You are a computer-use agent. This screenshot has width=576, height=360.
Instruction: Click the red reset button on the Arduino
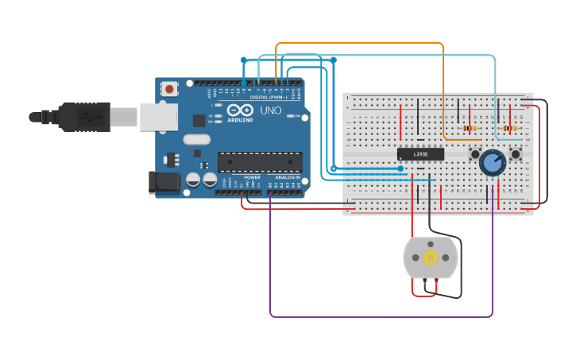[168, 89]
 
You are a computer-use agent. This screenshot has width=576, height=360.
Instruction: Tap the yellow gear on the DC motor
[431, 257]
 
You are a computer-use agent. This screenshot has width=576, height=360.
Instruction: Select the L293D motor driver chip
[420, 154]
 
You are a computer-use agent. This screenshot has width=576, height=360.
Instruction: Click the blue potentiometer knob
[493, 163]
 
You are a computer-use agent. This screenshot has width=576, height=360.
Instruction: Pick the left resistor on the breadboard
[469, 128]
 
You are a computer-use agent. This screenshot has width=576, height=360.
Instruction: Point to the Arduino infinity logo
[240, 110]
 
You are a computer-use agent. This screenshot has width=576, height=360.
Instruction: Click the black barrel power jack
[164, 182]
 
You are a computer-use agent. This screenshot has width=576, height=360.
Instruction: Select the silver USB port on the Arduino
[157, 116]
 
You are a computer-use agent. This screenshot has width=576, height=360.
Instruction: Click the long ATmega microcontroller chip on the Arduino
[260, 161]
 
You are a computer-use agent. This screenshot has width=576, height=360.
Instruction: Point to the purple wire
[381, 316]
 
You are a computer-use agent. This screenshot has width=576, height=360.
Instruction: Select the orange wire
[358, 43]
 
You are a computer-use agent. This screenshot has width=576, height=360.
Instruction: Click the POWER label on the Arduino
[252, 177]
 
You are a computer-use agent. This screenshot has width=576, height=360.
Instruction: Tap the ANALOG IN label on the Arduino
[288, 177]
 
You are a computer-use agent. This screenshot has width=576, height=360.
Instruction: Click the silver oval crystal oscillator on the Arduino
[196, 140]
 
